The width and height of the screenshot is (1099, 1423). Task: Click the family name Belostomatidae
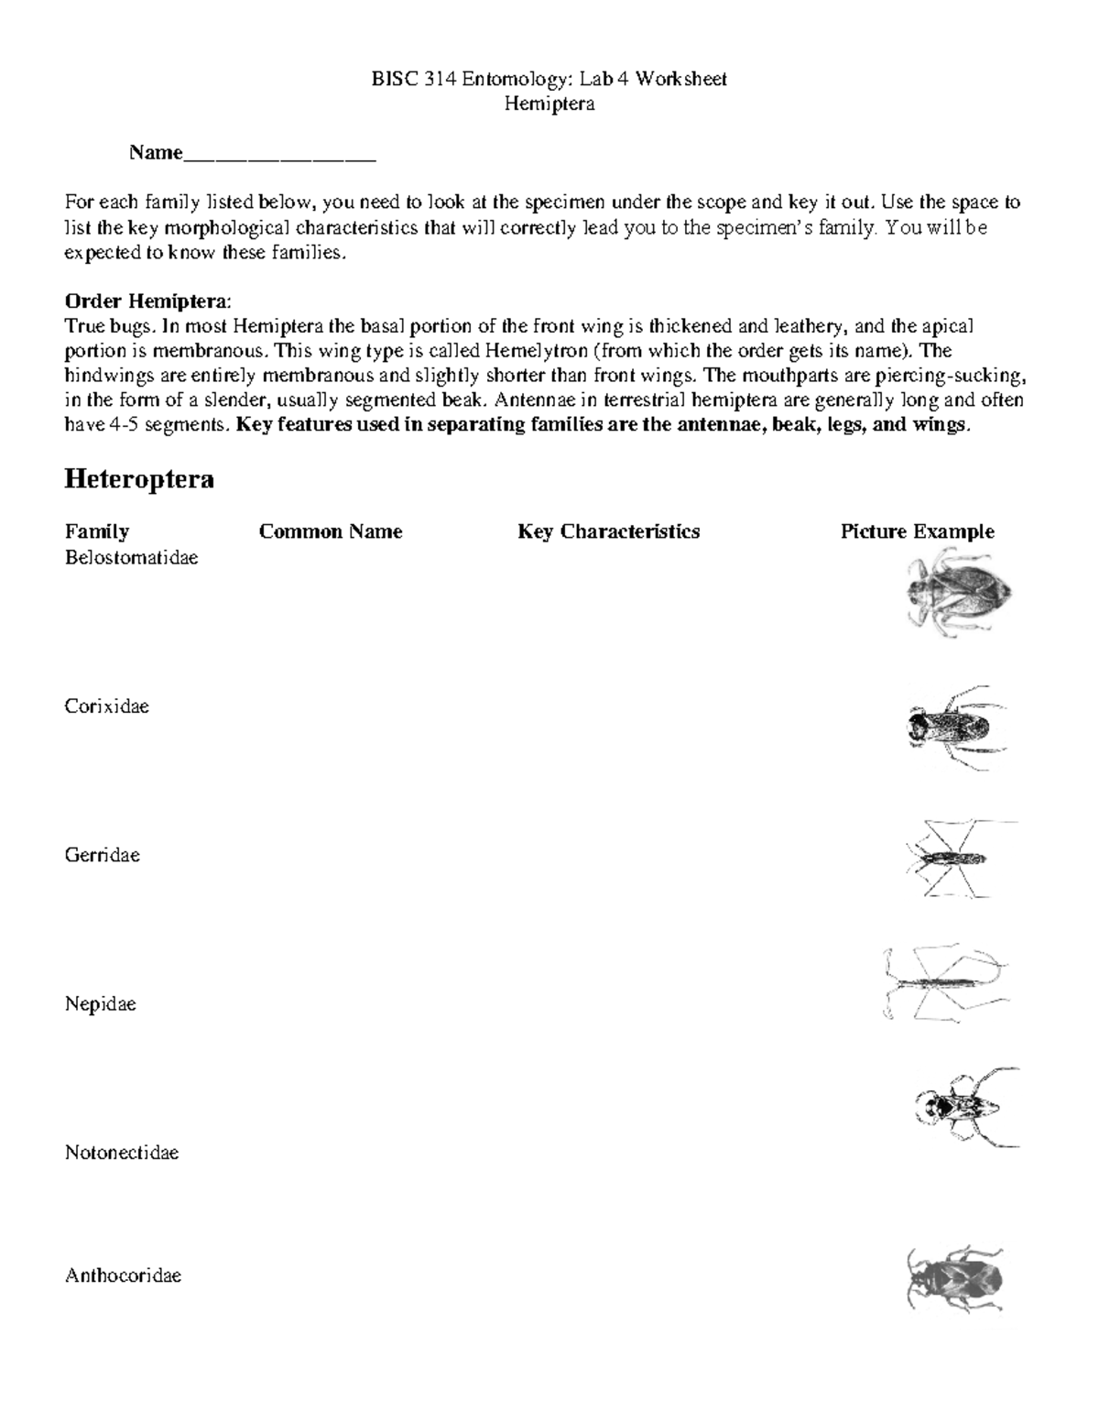[131, 557]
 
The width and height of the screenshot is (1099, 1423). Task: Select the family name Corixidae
[106, 706]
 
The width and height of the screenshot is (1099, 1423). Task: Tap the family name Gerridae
[102, 855]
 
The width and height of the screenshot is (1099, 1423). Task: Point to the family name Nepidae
[100, 1004]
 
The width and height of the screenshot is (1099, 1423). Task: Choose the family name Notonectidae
[121, 1153]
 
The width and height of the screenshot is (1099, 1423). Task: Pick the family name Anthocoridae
[123, 1275]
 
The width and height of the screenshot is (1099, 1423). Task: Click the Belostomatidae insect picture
[957, 591]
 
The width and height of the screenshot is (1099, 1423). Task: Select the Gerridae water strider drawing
[952, 859]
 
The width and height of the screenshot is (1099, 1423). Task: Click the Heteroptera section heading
[138, 479]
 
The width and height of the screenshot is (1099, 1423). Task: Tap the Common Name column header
[331, 531]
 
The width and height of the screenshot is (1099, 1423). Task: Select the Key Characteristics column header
[608, 531]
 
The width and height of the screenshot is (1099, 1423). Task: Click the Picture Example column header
[917, 531]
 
